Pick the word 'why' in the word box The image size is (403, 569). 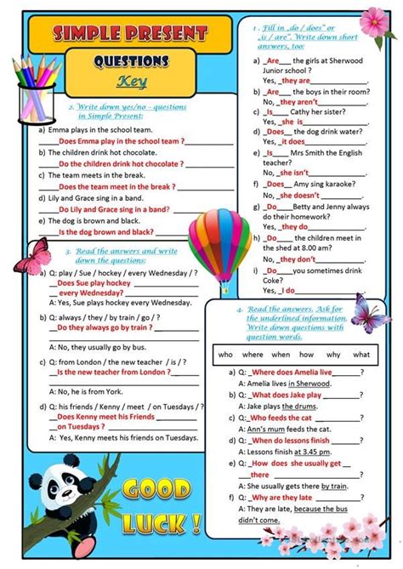pos(332,355)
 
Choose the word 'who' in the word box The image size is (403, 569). pos(225,355)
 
